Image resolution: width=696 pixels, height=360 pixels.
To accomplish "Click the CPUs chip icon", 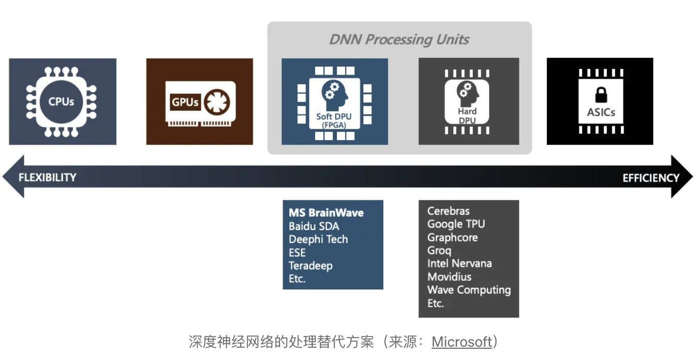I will click(61, 101).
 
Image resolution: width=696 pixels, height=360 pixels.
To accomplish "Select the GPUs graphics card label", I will click(185, 102).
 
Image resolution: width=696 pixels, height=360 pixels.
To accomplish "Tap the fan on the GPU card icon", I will click(217, 102).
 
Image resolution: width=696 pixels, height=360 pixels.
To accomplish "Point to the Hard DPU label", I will click(467, 116).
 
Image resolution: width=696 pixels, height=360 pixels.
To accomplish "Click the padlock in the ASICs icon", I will click(600, 95).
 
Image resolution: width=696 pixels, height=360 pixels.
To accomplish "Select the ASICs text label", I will click(601, 112).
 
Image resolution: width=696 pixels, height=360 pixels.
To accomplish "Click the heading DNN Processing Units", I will click(399, 39).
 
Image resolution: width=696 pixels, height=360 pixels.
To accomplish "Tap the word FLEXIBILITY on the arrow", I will click(48, 177).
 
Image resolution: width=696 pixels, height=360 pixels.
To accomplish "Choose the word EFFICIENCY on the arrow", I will click(651, 178).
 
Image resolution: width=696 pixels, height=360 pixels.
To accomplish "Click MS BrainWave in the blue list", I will click(326, 213).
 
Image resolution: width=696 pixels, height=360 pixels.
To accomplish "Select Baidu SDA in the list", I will click(314, 226).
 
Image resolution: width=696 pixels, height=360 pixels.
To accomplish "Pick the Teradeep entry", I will click(311, 266).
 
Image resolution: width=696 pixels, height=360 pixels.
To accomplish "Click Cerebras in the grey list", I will click(448, 211).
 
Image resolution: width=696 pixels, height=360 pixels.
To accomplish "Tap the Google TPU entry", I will click(456, 224).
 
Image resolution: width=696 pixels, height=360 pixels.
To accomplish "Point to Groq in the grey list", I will click(439, 251).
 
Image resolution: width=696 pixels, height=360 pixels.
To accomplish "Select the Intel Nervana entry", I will click(459, 263).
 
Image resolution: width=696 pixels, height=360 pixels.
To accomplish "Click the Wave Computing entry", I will click(469, 290).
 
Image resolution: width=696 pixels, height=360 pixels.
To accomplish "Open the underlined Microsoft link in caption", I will click(461, 342).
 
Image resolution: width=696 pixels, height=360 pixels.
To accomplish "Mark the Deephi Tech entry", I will click(318, 239).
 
